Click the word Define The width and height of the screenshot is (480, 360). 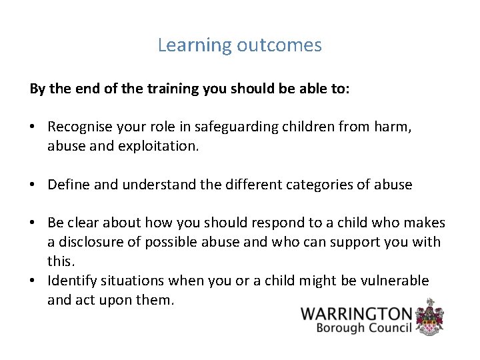[x=69, y=185]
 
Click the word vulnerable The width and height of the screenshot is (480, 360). [x=397, y=281]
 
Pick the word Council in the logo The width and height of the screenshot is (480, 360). [x=387, y=328]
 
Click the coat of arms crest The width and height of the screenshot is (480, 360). [x=430, y=316]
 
